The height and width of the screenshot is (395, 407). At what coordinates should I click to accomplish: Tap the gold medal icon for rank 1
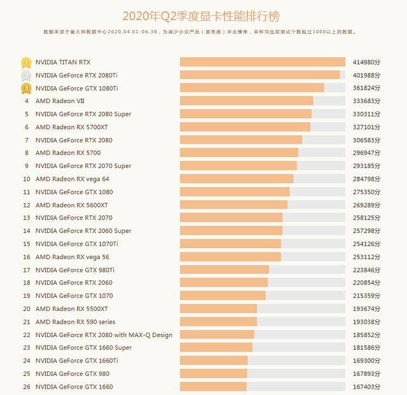point(26,62)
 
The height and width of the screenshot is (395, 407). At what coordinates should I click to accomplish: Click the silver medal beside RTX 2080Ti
point(26,75)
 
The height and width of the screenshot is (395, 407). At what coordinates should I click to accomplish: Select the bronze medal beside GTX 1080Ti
point(26,88)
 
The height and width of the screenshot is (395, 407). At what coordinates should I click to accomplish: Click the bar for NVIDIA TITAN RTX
point(262,62)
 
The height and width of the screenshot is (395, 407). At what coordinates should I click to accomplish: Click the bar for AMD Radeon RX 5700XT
point(245,127)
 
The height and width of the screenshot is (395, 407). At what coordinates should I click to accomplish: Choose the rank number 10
point(26,179)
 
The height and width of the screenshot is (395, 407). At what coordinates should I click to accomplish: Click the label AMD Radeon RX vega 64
point(72,179)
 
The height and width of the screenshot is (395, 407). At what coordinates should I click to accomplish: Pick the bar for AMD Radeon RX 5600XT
point(233,205)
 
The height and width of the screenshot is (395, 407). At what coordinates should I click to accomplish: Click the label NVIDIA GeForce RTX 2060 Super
point(83,231)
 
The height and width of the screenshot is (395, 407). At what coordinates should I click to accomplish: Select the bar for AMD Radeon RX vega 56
point(230,257)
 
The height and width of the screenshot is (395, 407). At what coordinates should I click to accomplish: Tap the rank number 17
point(26,270)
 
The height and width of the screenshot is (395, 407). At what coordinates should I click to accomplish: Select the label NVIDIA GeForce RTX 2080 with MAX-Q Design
point(104,335)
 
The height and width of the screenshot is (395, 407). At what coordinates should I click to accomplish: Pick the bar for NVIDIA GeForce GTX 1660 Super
point(216,348)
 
